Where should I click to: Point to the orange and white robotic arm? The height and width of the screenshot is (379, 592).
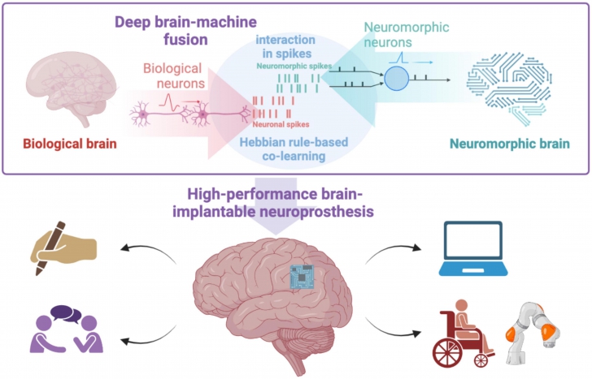(x=533, y=328)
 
